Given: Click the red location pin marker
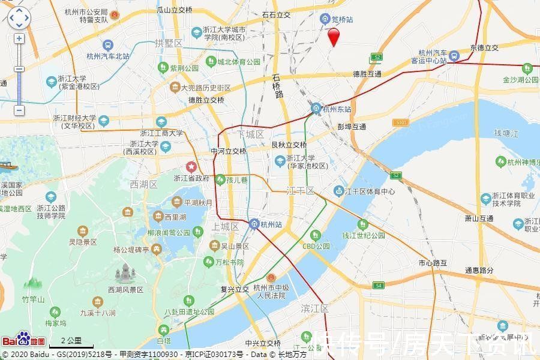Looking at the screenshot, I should tap(334, 36).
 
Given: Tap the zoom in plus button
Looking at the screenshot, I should tap(19, 38).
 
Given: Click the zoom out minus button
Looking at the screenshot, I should tap(19, 110).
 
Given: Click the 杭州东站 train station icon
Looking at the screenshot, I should tap(316, 109).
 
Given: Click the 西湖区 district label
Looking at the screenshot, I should tap(143, 184).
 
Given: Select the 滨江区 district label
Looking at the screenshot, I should tap(314, 308).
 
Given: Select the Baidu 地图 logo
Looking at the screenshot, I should tap(23, 340).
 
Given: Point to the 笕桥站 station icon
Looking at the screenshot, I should tap(325, 20).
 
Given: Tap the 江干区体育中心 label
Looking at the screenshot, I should tap(369, 191).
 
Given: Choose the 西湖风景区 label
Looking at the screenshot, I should tap(125, 289).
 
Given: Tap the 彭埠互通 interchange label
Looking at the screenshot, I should tap(352, 127).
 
